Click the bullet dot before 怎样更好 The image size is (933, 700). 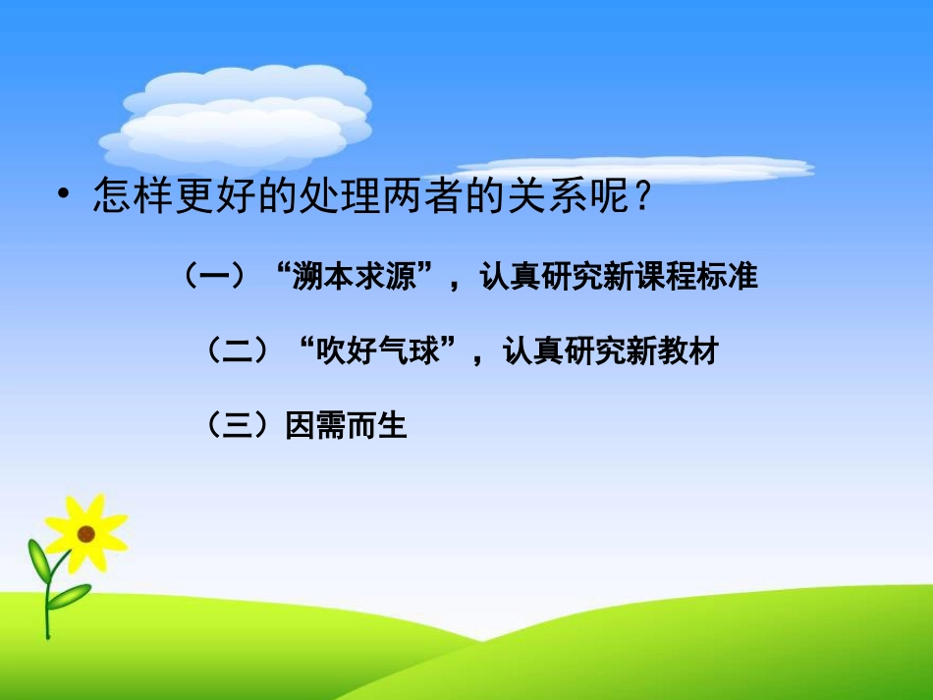65,195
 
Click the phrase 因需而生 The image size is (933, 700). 346,426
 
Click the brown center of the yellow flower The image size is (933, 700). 86,534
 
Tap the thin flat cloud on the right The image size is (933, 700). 638,168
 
